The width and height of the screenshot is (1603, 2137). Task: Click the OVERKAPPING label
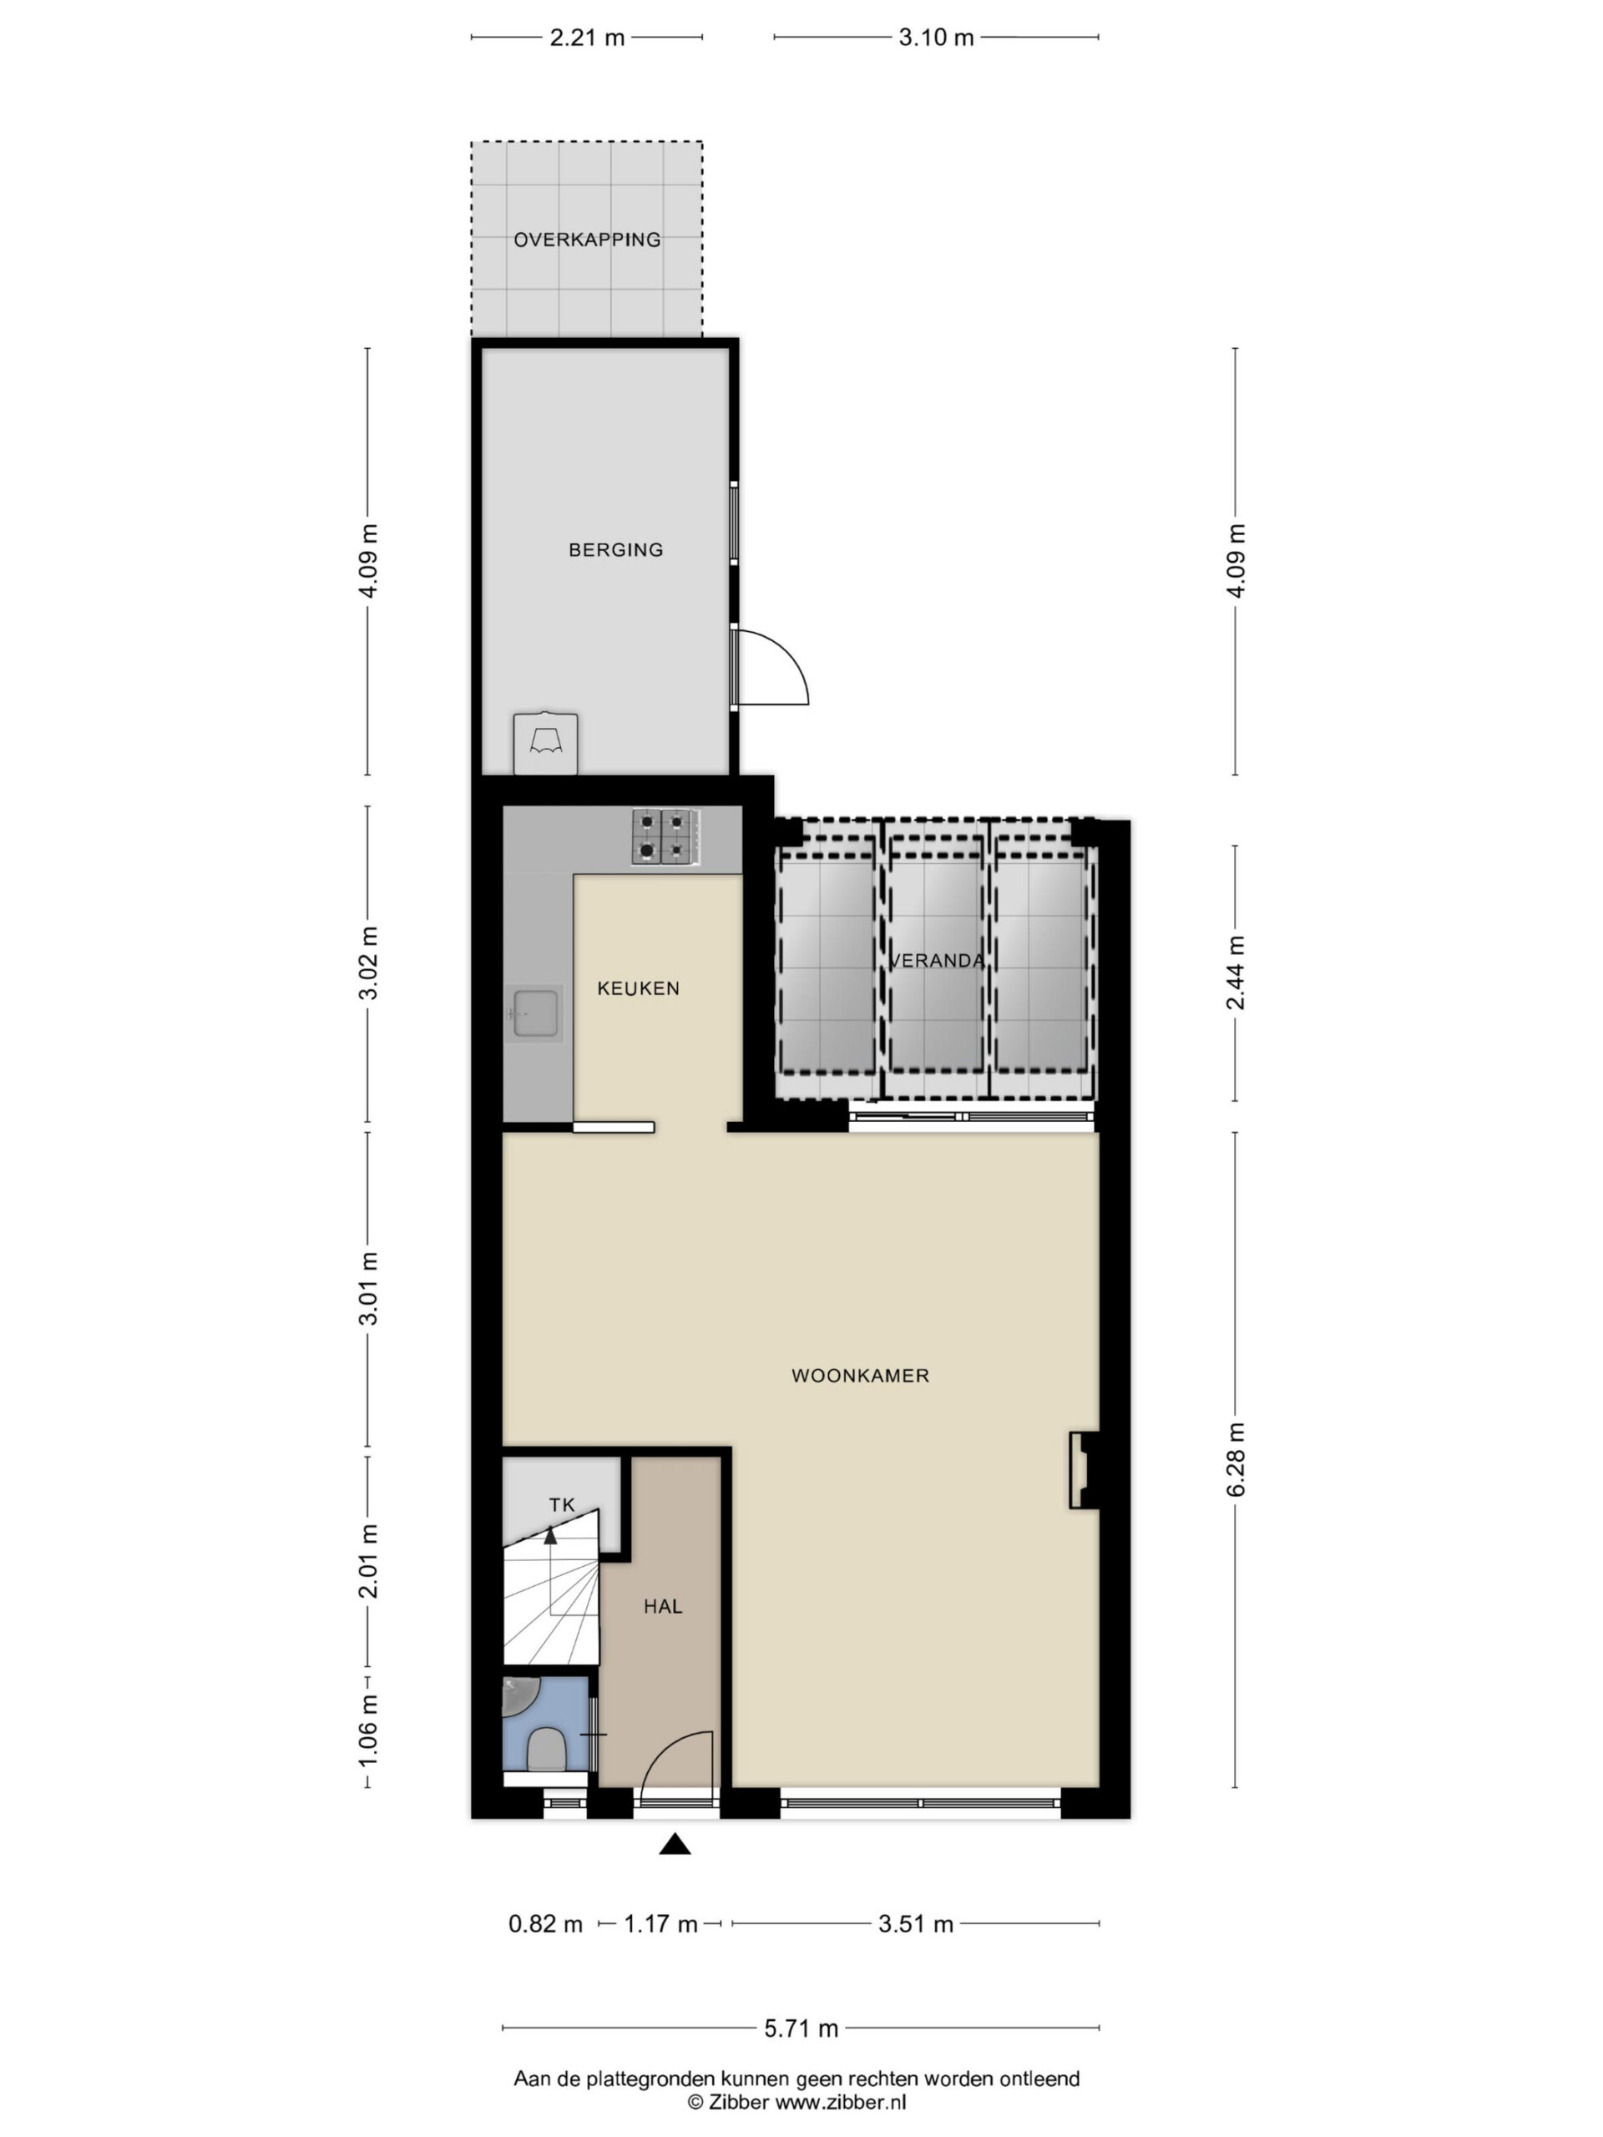tap(586, 240)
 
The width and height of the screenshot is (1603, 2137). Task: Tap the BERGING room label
tap(615, 550)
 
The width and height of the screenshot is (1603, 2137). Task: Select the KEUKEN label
tap(638, 988)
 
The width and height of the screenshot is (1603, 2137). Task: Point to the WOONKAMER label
tap(860, 1376)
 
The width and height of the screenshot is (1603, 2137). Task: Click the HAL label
tap(663, 1607)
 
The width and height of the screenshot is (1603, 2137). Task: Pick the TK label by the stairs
tap(561, 1504)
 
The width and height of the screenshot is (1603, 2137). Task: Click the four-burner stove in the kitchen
tap(665, 836)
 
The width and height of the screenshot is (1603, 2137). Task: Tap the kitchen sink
tap(534, 1013)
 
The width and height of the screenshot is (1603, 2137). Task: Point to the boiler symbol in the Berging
tap(546, 743)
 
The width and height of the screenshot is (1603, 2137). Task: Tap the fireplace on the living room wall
tap(1083, 1469)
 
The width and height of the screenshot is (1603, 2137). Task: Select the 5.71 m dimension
tap(801, 2028)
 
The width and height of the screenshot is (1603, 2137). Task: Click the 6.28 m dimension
tap(1236, 1459)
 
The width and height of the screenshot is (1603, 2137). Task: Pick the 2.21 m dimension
tap(586, 38)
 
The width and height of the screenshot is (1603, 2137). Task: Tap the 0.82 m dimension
tap(545, 1923)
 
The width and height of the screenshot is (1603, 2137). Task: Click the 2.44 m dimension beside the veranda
tap(1236, 973)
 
